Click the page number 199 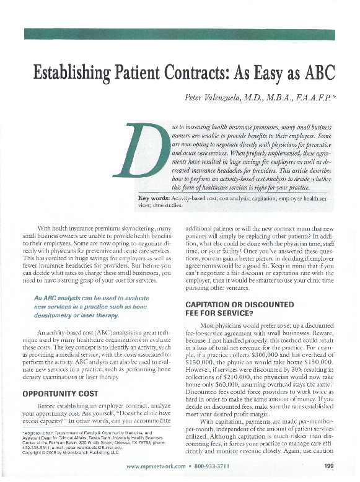point(328,466)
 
